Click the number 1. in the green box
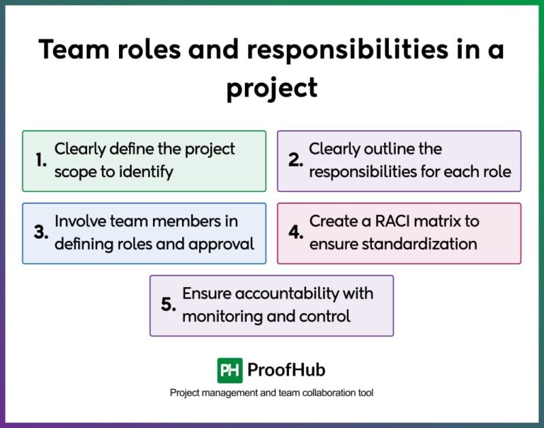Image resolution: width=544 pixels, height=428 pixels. [41, 161]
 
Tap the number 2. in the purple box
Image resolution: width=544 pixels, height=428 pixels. [295, 161]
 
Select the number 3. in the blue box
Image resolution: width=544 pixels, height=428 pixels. [41, 233]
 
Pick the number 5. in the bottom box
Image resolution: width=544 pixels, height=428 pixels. [168, 305]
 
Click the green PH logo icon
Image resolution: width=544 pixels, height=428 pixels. [229, 370]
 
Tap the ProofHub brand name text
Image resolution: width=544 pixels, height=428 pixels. [286, 370]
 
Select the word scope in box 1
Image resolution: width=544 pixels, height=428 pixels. [74, 172]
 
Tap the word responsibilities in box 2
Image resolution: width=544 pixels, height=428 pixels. [365, 172]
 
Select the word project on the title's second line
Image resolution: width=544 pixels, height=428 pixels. [271, 89]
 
